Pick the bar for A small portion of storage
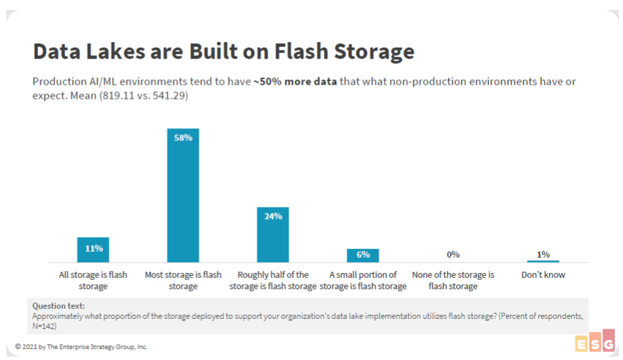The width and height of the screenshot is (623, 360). pos(363,255)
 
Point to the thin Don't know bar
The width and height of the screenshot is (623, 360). pos(543,261)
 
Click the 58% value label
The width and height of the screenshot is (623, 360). pos(183,138)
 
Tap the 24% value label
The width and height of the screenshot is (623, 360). pos(273,216)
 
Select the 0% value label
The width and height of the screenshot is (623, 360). pos(453,254)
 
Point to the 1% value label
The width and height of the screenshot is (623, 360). pos(543,254)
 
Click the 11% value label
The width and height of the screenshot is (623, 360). pos(94,248)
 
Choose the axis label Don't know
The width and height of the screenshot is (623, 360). pos(543,275)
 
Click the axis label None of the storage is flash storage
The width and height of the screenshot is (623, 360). pos(453,281)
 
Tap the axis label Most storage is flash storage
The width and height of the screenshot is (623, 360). pos(183,281)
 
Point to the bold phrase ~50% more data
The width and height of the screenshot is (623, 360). pos(295,81)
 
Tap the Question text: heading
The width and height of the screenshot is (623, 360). pos(58,306)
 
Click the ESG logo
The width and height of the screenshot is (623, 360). pos(594,342)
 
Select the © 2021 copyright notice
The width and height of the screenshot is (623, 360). pos(81,347)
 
